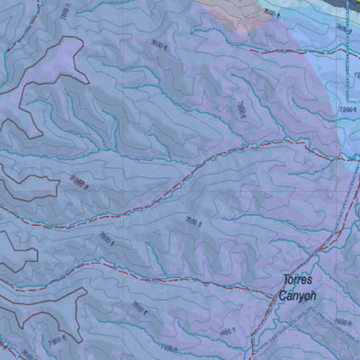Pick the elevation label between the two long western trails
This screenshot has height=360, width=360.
pos(107,238)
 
